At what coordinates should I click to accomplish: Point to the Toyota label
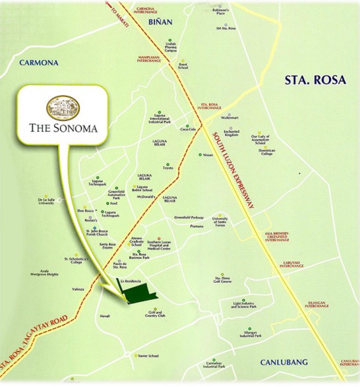point(168,168)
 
